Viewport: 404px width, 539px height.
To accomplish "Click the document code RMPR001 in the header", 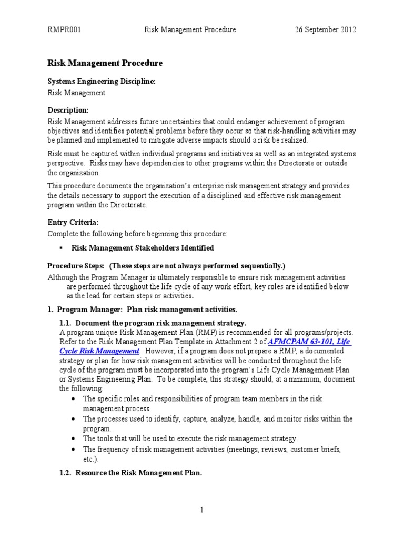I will click(64, 30).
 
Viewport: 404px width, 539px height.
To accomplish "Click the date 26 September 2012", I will click(325, 30).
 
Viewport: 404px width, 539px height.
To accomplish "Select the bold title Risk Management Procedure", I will click(105, 63).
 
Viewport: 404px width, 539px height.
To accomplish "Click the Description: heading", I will click(68, 110).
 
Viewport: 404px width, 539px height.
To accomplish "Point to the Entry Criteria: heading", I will click(73, 223).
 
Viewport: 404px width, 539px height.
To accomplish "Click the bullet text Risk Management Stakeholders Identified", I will click(143, 248).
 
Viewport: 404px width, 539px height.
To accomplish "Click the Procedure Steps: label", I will click(76, 266).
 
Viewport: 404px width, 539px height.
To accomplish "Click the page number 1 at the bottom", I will click(202, 510).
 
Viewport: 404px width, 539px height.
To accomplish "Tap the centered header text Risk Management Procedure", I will click(190, 30).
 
